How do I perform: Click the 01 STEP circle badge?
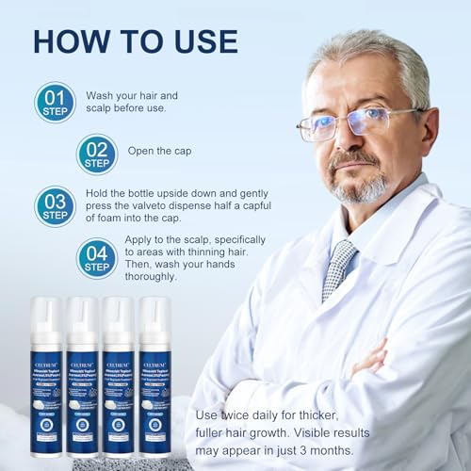(x=55, y=102)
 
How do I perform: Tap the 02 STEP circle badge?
(x=96, y=154)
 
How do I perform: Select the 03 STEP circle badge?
(x=55, y=206)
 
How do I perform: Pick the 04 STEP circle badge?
(x=96, y=257)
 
